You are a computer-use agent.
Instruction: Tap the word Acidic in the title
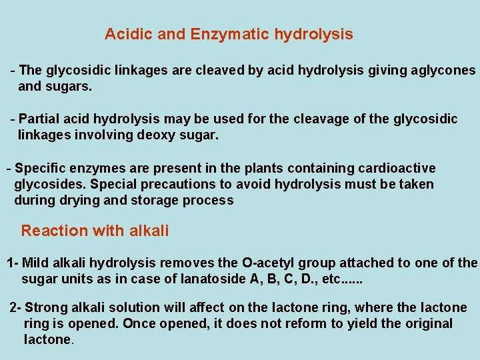[x=129, y=34]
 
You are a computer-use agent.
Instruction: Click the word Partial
[x=41, y=119]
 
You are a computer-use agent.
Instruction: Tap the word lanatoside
[x=214, y=279]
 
